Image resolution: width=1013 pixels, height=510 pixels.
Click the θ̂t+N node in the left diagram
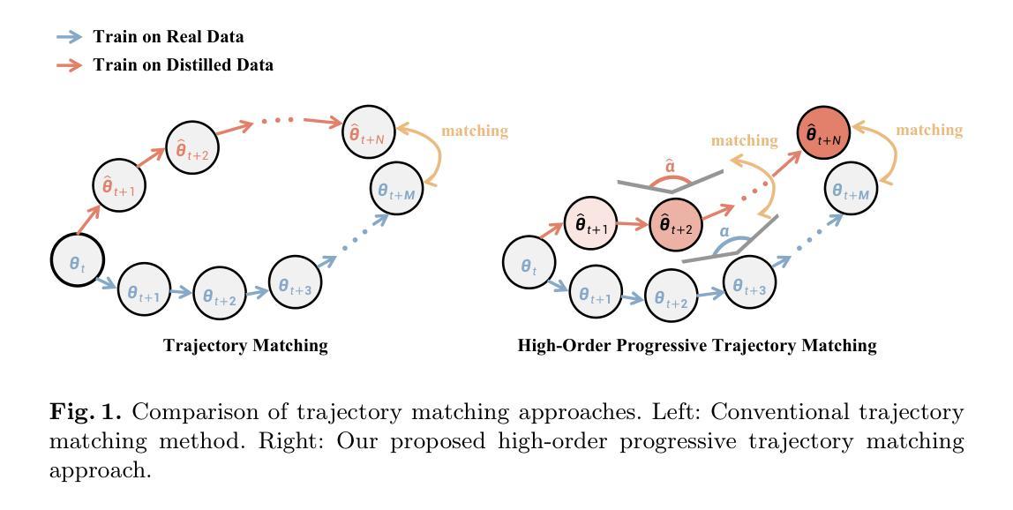pos(368,132)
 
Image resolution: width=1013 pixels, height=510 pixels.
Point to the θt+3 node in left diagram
pos(295,283)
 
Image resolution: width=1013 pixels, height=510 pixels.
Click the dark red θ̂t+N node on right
pos(823,134)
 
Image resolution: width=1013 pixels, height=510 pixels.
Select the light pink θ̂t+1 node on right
pos(590,224)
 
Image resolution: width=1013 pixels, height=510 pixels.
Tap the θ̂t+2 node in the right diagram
pos(675,224)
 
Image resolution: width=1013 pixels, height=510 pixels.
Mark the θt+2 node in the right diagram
pos(672,296)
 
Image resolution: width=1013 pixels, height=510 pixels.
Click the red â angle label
pos(670,165)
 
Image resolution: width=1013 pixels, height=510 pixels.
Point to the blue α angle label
pos(724,230)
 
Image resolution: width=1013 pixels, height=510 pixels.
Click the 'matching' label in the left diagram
pos(475,131)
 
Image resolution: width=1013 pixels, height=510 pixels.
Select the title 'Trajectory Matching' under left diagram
pos(245,345)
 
